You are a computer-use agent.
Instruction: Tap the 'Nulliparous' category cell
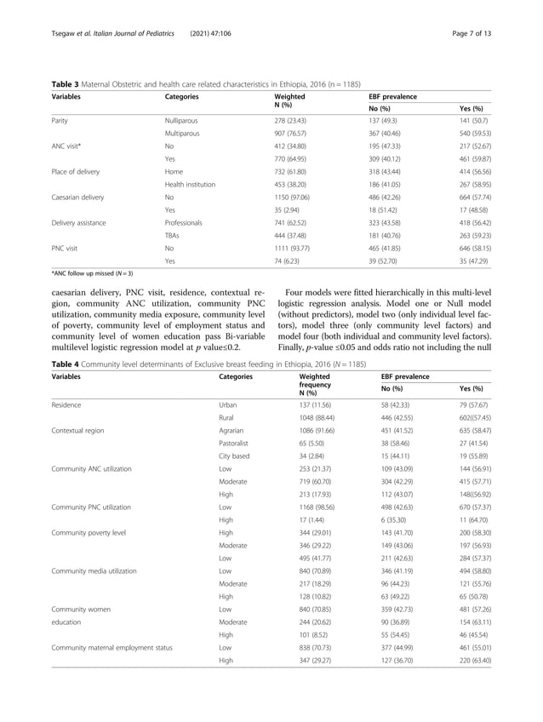183,121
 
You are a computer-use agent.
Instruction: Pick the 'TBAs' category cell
174,234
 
